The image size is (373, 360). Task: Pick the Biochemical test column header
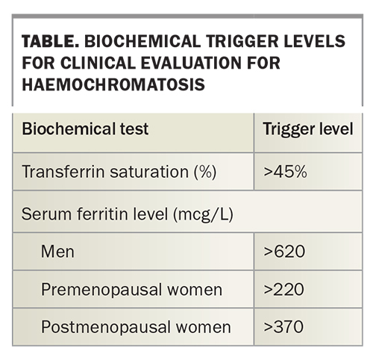pos(86,128)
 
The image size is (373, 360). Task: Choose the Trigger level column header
pos(307,128)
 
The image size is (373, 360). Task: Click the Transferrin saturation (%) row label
pos(119,172)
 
